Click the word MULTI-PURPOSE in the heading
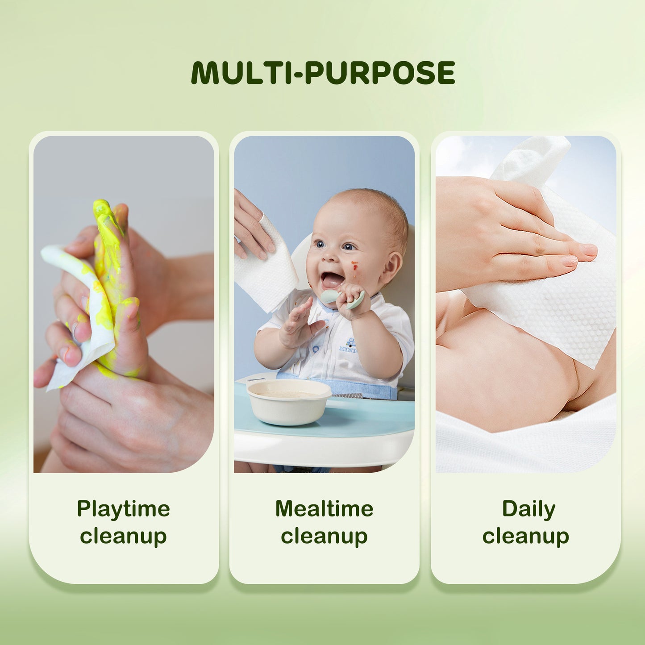pyautogui.click(x=323, y=73)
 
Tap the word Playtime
pyautogui.click(x=123, y=509)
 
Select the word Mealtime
pyautogui.click(x=324, y=509)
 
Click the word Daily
pyautogui.click(x=528, y=509)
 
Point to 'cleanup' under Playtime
pyautogui.click(x=123, y=536)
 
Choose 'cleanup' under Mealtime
pyautogui.click(x=324, y=536)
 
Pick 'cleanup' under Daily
pyautogui.click(x=525, y=536)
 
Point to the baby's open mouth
pyautogui.click(x=332, y=280)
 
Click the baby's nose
pyautogui.click(x=330, y=256)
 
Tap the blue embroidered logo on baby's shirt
pyautogui.click(x=348, y=346)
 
